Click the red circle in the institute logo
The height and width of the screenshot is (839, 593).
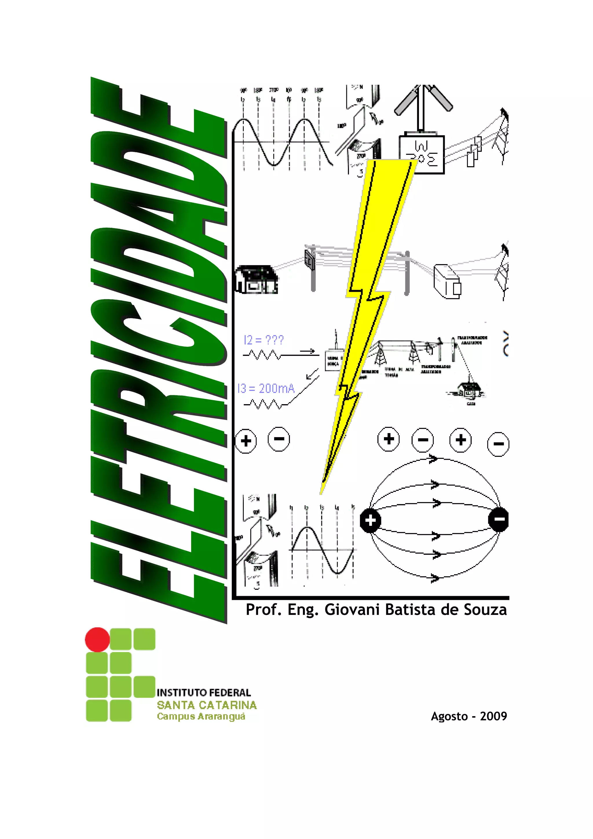[97, 640]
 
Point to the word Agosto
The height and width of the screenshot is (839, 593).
[449, 716]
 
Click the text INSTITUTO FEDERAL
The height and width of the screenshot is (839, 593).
[204, 693]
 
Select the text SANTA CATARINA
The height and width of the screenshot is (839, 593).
[207, 705]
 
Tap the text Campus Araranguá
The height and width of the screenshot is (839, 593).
[201, 716]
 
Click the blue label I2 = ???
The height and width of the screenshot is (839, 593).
[263, 340]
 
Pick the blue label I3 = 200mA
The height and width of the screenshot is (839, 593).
[266, 388]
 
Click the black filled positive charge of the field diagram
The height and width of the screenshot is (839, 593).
[371, 520]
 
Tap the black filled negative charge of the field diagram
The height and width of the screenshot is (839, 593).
[499, 519]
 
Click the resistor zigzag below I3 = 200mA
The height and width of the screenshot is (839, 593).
[262, 404]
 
